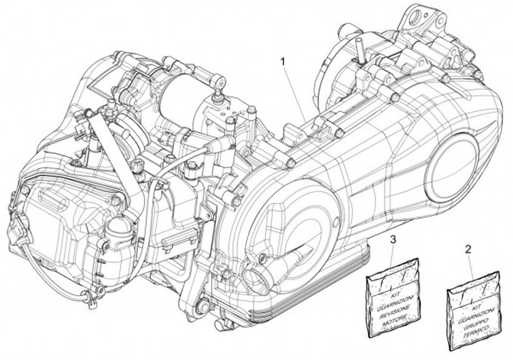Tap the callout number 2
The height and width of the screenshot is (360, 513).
pyautogui.click(x=467, y=249)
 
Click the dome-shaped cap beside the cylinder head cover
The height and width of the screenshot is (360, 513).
pyautogui.click(x=117, y=230)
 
